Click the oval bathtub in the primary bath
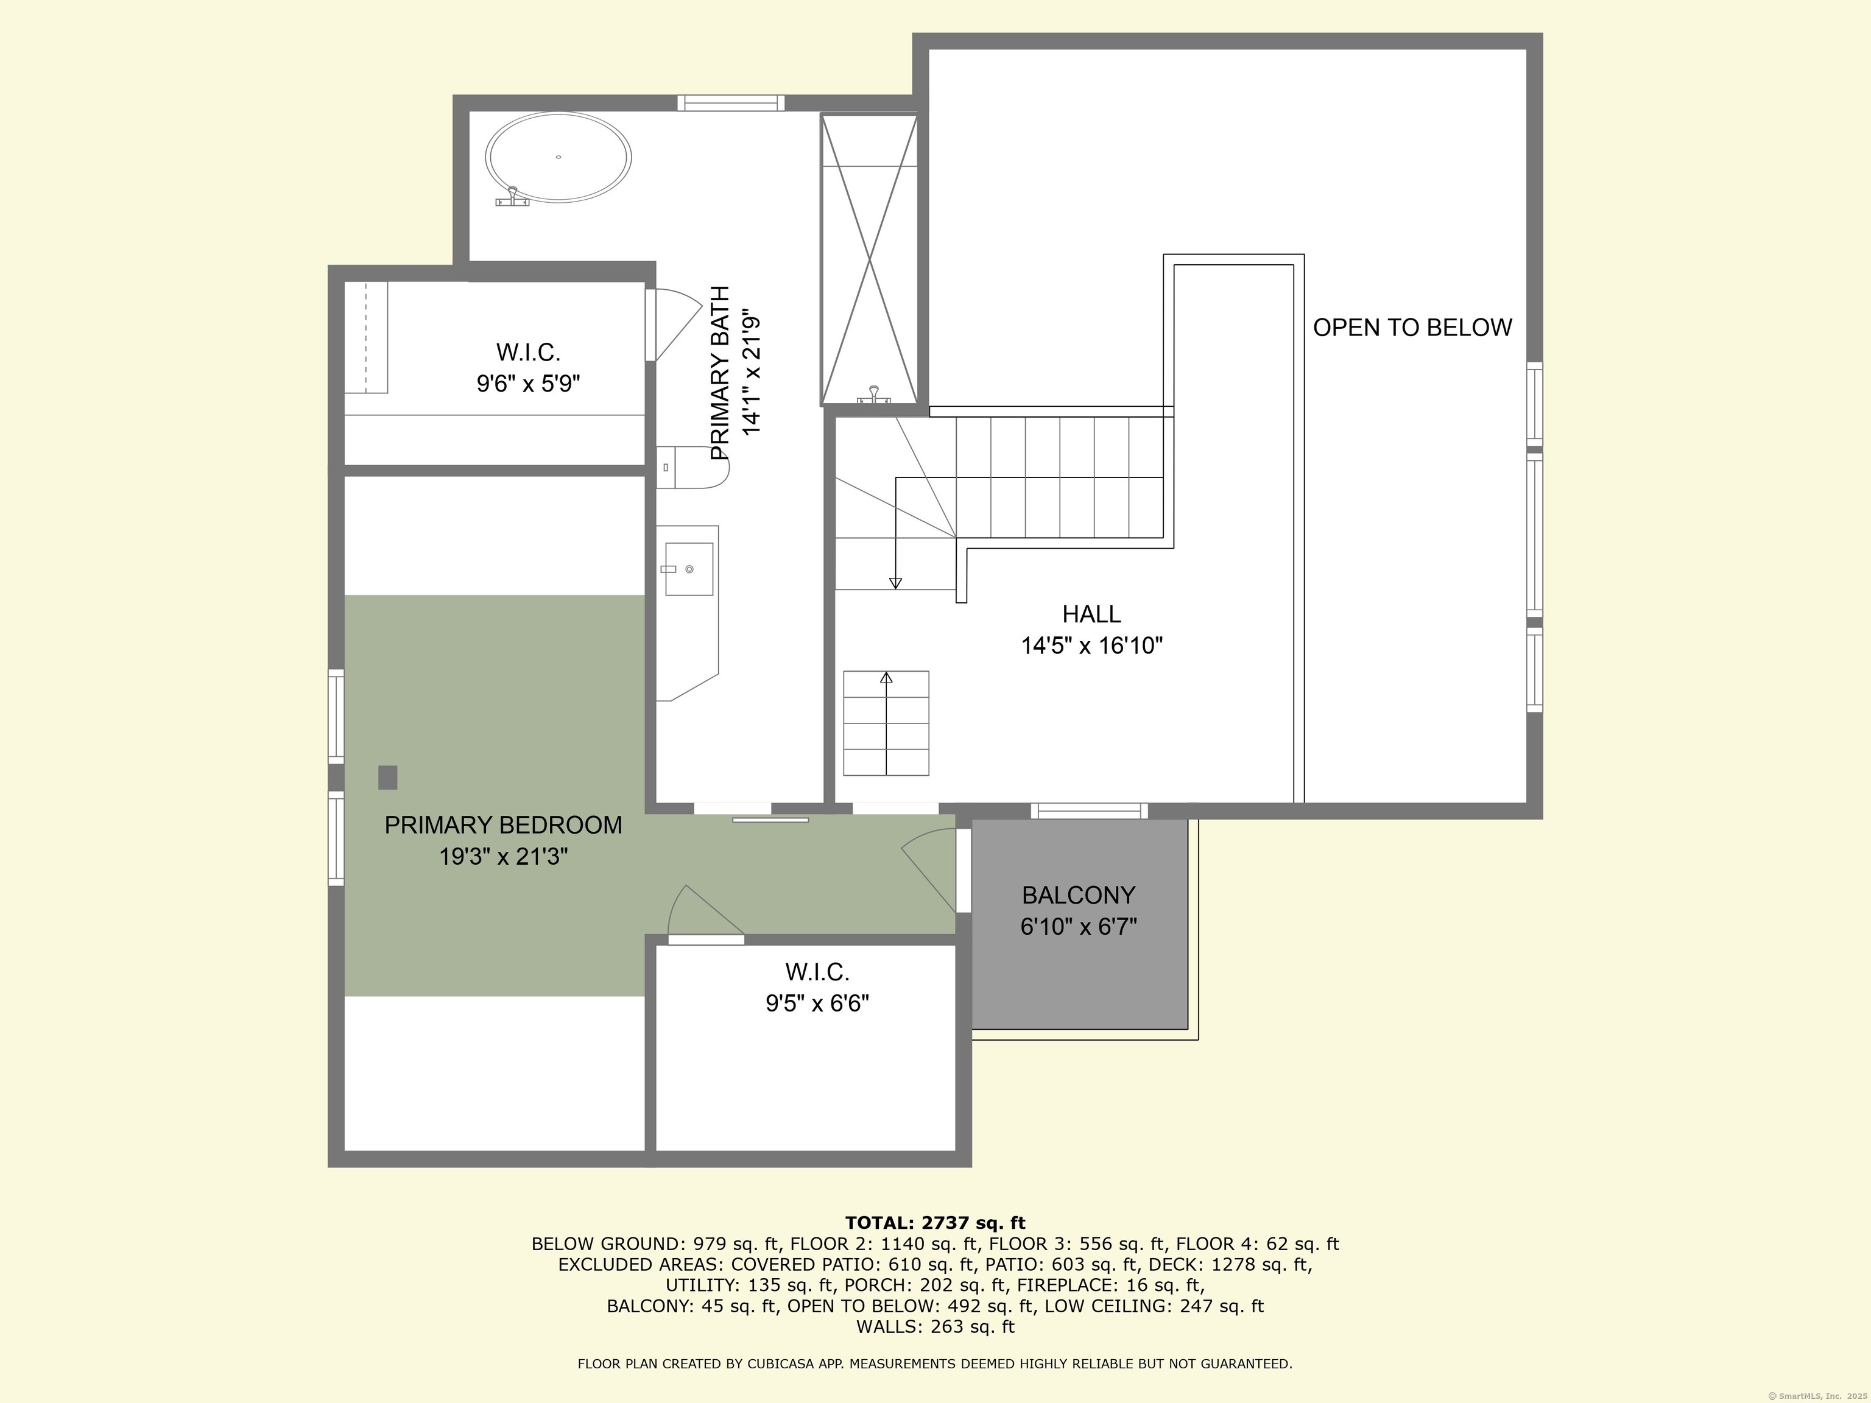point(558,158)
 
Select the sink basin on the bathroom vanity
point(688,569)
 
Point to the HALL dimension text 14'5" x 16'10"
point(1091,646)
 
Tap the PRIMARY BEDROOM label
point(502,825)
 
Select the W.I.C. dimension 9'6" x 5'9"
point(528,384)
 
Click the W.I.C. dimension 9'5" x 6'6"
point(817,1003)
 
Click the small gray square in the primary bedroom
point(387,777)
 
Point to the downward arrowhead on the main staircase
point(895,583)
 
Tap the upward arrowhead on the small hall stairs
point(886,677)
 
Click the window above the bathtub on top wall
point(731,103)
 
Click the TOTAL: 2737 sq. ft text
point(935,1223)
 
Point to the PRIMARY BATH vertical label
point(720,373)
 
